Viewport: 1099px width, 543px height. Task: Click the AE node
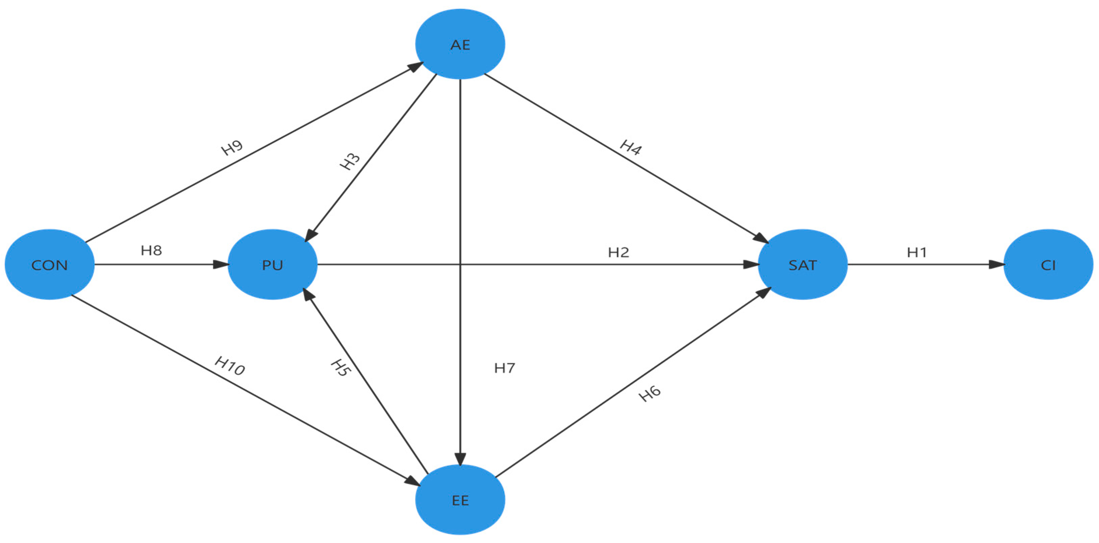[460, 44]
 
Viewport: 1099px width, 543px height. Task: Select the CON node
[50, 265]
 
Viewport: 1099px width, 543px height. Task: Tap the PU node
[273, 265]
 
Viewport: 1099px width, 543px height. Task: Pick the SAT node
[802, 265]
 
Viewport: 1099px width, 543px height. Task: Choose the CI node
[1048, 265]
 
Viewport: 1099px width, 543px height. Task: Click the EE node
[460, 500]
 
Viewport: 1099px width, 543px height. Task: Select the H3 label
[350, 162]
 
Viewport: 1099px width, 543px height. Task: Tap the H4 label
[631, 148]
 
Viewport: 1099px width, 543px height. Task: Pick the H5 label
[340, 368]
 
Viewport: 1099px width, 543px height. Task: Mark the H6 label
[649, 394]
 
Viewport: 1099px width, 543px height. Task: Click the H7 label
[504, 368]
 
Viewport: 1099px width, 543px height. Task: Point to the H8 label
[151, 250]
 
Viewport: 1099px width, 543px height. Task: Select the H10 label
[230, 365]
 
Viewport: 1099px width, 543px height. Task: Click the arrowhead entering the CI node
[997, 264]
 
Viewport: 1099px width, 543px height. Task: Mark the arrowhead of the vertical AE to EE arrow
[460, 458]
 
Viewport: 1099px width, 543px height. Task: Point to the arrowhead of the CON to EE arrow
[413, 481]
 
